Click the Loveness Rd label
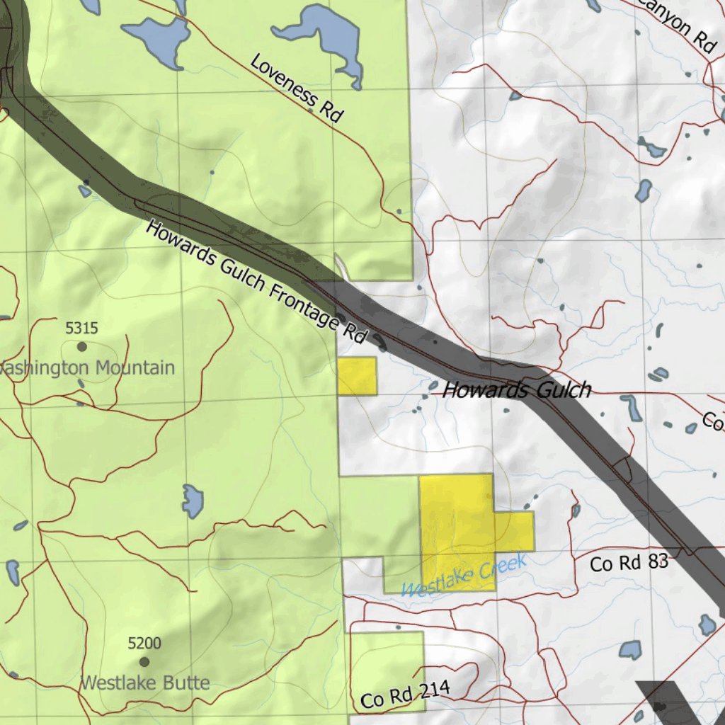[x=297, y=89]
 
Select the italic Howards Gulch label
[x=516, y=390]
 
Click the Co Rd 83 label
[x=629, y=564]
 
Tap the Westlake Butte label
[x=144, y=683]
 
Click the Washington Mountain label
[x=89, y=368]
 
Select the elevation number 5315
[x=81, y=329]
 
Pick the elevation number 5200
[x=144, y=644]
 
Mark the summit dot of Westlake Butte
[x=144, y=662]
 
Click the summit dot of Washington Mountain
[x=82, y=346]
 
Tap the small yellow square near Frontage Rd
[x=357, y=376]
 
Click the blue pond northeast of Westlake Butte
[x=192, y=501]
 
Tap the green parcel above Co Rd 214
[x=387, y=662]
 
